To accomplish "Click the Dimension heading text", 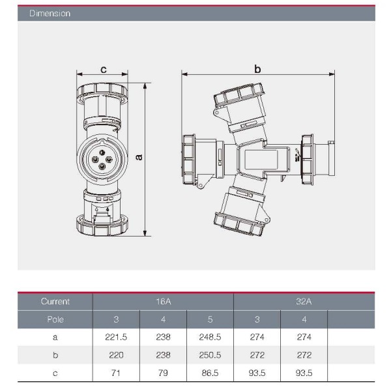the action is (50, 13).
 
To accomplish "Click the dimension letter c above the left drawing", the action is (104, 69).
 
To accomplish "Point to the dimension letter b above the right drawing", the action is (257, 68).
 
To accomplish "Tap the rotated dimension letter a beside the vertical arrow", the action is (139, 157).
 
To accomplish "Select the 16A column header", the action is (164, 301).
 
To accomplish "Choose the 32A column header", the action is (304, 301).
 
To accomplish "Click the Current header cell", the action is (55, 301).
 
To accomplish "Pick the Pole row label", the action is (55, 319).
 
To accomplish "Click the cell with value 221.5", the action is (116, 337).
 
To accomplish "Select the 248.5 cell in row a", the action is (210, 337).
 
